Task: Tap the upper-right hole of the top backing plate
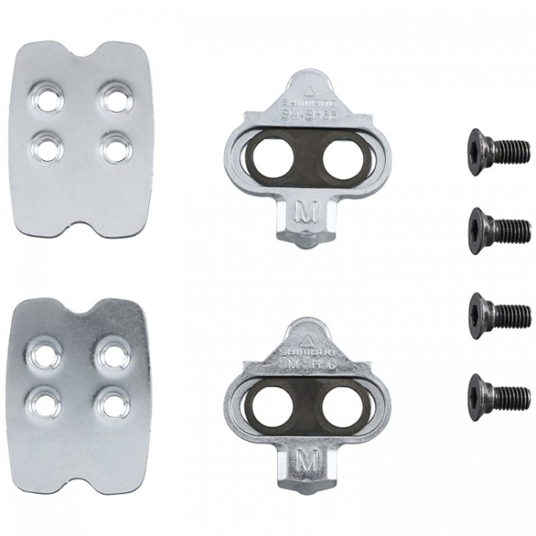coord(116,99)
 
